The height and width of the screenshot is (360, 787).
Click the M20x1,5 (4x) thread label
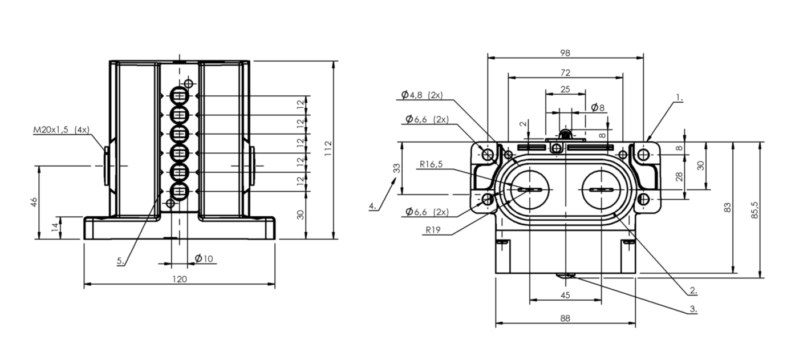[x=61, y=130]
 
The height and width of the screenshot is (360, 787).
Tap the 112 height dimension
[x=328, y=150]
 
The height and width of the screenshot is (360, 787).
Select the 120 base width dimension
[x=180, y=279]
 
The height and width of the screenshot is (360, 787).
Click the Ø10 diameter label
[x=204, y=258]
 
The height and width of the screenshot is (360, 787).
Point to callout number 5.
[x=120, y=260]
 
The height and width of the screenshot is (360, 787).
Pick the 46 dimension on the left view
[x=34, y=202]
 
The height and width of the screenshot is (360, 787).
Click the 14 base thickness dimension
[x=55, y=228]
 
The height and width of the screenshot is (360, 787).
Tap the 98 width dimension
[x=565, y=52]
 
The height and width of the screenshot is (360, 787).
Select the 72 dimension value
[x=565, y=72]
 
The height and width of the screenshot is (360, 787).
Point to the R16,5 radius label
[x=431, y=164]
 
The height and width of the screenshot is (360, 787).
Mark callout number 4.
[x=372, y=205]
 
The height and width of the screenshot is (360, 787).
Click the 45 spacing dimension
[x=565, y=295]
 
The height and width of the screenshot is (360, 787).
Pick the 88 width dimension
[x=565, y=318]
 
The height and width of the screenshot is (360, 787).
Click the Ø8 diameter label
[x=598, y=107]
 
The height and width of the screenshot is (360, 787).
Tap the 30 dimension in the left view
[x=301, y=215]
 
